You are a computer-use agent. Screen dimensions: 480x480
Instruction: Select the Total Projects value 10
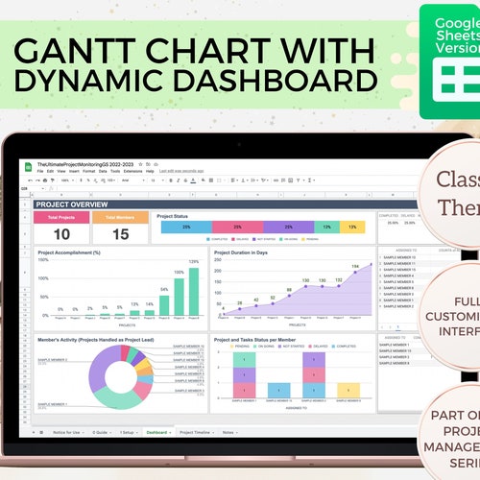click(62, 234)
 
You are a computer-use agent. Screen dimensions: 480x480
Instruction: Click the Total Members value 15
click(120, 234)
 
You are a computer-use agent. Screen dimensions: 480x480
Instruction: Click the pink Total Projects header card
click(62, 217)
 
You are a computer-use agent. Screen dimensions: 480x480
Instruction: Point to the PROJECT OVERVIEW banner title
click(73, 204)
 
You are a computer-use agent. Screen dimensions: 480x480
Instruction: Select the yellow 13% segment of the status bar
click(352, 228)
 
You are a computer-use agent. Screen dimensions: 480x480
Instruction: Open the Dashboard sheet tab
click(156, 432)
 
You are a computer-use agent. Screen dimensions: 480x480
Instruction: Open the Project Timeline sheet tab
click(196, 432)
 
